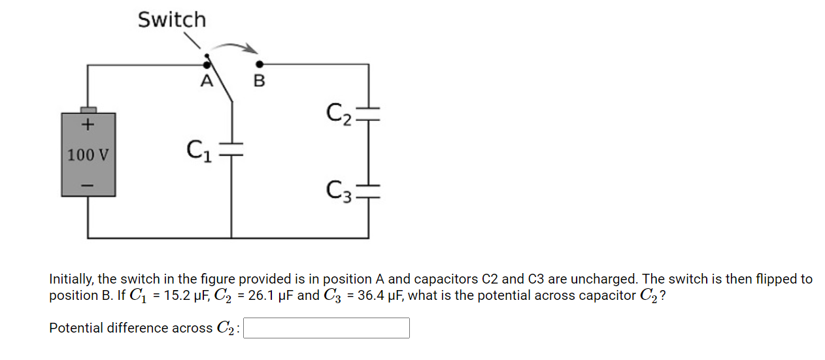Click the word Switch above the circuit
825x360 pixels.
[171, 20]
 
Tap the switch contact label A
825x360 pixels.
[207, 82]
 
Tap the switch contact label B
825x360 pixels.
[259, 82]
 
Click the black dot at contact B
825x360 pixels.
[260, 64]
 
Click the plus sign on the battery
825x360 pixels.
[88, 123]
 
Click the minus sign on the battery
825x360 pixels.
[88, 186]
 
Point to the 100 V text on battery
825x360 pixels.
[88, 155]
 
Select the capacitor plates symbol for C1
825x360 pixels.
[231, 151]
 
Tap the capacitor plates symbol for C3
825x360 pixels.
[368, 189]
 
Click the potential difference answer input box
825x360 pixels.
[327, 328]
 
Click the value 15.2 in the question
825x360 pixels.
[178, 295]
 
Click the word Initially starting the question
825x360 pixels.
[71, 279]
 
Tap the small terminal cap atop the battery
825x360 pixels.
[88, 109]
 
